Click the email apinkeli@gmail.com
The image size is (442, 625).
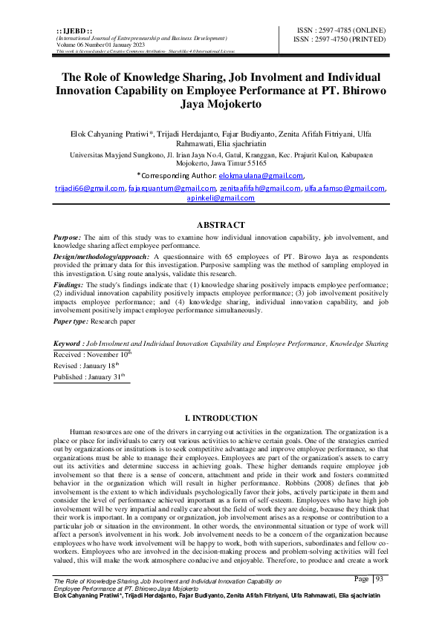[x=221, y=198]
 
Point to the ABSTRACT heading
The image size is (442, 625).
[x=221, y=224]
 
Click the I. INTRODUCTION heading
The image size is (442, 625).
[x=221, y=420]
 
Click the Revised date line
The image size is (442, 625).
[x=87, y=366]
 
